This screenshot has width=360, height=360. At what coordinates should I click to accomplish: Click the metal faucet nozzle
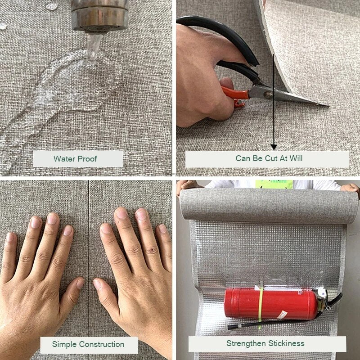pyautogui.click(x=99, y=16)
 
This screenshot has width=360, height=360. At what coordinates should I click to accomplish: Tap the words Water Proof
pyautogui.click(x=75, y=159)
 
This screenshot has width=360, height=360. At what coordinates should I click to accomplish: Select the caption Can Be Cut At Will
pyautogui.click(x=269, y=158)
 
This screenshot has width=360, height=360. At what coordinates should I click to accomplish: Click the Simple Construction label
pyautogui.click(x=88, y=344)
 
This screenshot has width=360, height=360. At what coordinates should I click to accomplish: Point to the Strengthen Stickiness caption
pyautogui.click(x=265, y=343)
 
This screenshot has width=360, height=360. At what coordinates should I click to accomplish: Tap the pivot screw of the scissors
pyautogui.click(x=268, y=95)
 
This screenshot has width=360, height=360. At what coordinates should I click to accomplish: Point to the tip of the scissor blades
pyautogui.click(x=329, y=106)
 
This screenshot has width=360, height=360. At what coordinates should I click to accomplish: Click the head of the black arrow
pyautogui.click(x=274, y=147)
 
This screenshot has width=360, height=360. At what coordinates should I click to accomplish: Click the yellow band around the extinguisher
pyautogui.click(x=261, y=304)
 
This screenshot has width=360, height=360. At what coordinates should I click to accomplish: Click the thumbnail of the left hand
pyautogui.click(x=80, y=284)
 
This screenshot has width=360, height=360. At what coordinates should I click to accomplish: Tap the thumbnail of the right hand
pyautogui.click(x=97, y=284)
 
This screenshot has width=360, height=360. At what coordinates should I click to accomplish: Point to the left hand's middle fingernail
pyautogui.click(x=52, y=219)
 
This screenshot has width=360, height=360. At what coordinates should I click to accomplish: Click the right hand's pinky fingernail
pyautogui.click(x=162, y=229)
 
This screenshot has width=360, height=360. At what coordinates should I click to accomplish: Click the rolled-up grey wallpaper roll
pyautogui.click(x=268, y=203)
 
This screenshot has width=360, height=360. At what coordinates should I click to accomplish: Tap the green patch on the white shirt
pyautogui.click(x=274, y=184)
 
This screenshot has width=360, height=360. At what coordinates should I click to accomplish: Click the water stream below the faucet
pyautogui.click(x=94, y=47)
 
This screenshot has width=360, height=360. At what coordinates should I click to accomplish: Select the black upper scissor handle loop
pyautogui.click(x=220, y=35)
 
